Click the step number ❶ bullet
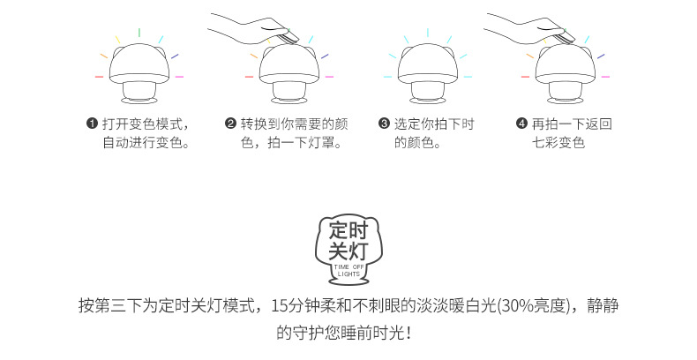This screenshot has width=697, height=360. pos(92,124)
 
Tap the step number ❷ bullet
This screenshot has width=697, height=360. pos(230,124)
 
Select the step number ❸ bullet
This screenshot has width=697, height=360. pos(384,124)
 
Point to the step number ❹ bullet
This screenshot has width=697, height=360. pos(521,124)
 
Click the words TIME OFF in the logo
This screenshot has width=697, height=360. pos(348,266)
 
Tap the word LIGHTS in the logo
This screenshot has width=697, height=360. pos(348,274)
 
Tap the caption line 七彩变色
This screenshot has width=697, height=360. pos(558,141)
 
